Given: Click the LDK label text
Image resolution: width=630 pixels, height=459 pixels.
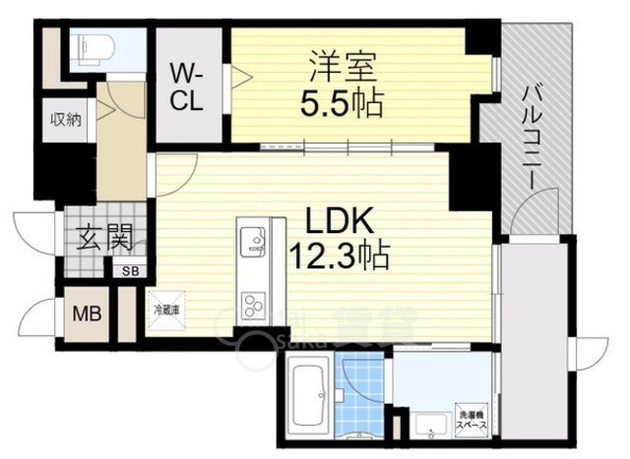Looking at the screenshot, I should click(x=338, y=221).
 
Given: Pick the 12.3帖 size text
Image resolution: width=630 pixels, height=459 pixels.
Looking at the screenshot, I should click(x=338, y=258).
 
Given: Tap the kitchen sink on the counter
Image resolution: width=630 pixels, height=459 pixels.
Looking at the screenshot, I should click(x=252, y=239).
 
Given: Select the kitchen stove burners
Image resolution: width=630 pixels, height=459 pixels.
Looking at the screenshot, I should click(x=252, y=301).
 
